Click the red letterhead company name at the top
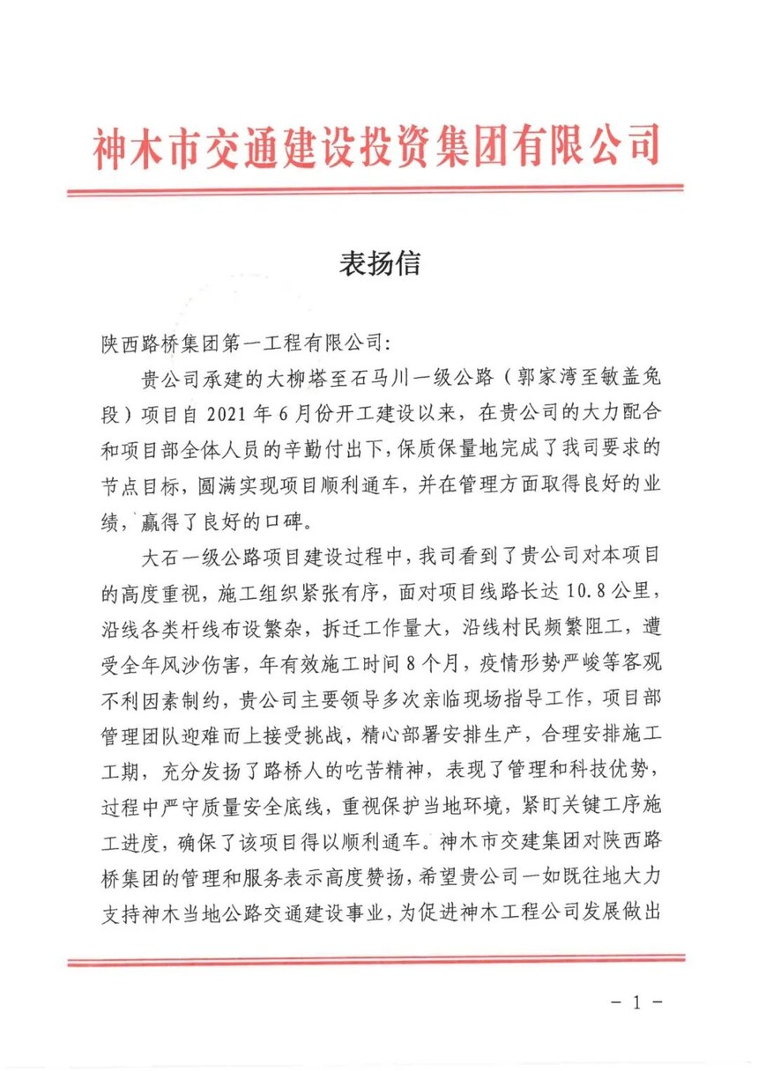(376, 145)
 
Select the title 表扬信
(379, 263)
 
